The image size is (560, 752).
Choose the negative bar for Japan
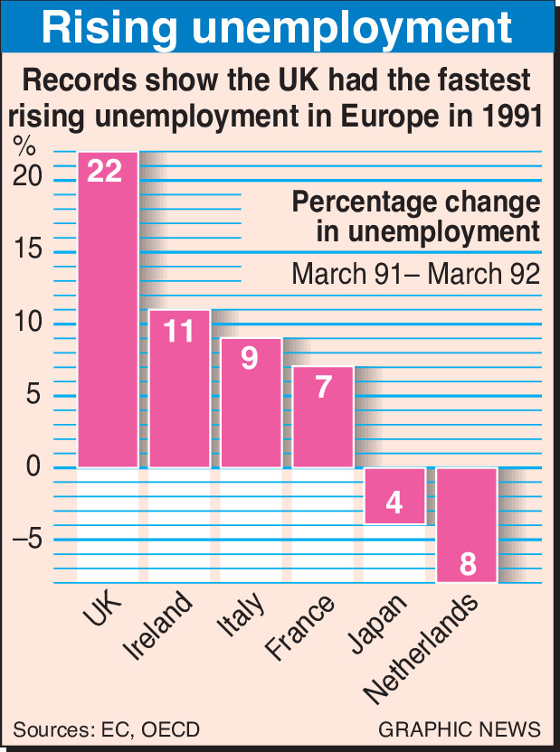point(394,495)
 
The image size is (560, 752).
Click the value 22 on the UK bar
point(105,171)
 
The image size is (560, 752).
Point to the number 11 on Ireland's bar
point(179,332)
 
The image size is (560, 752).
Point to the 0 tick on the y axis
point(33,467)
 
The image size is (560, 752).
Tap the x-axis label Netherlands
point(420,648)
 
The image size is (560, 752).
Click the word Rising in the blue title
point(110,28)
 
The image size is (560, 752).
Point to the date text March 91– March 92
point(415,273)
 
